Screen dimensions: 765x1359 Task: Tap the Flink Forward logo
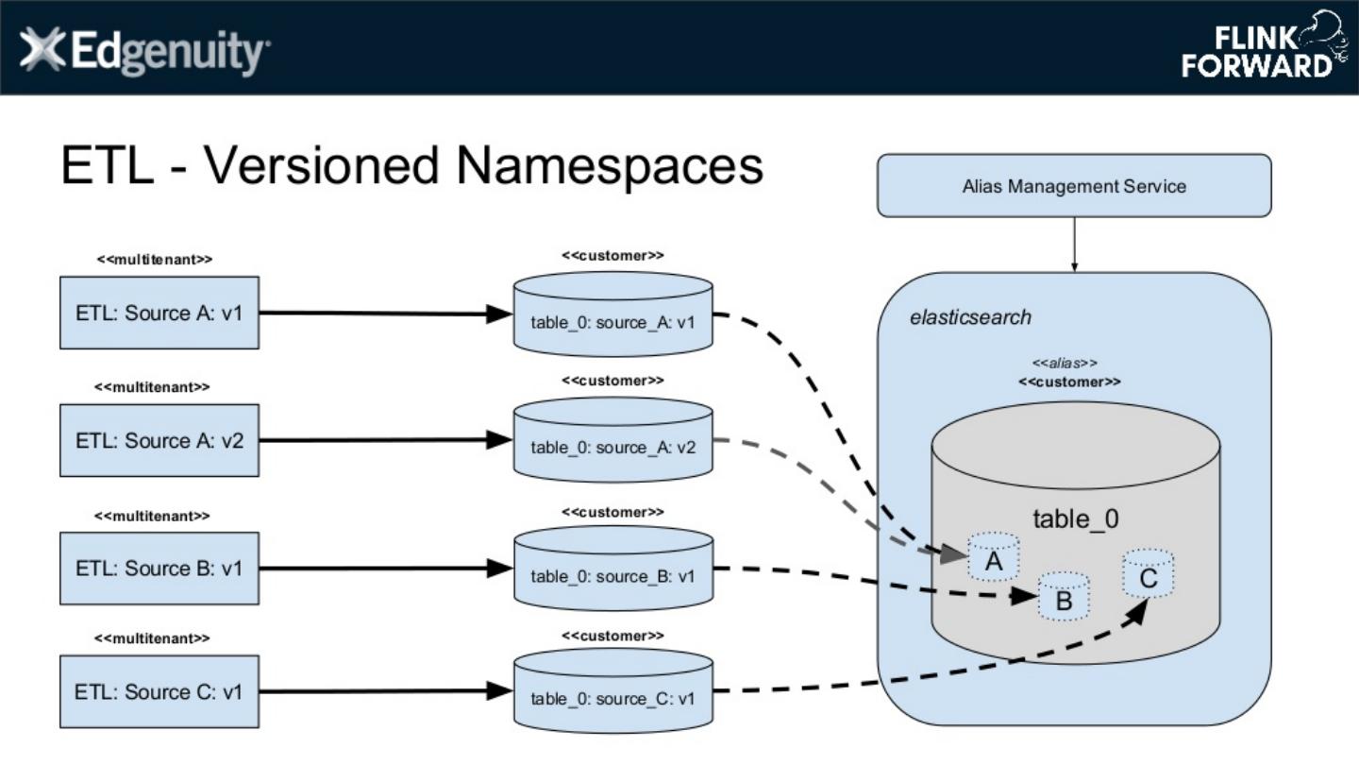click(1264, 46)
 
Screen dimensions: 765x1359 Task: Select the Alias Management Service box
click(1074, 186)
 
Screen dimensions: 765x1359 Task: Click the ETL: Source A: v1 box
click(159, 313)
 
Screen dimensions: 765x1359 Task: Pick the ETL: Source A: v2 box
click(159, 440)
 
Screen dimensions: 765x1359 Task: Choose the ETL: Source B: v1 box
click(159, 569)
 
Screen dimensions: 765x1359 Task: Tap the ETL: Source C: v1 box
click(159, 692)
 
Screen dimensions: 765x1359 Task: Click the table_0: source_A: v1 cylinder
click(612, 315)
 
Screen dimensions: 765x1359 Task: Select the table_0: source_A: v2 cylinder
click(612, 442)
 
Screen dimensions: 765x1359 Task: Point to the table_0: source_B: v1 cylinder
click(612, 570)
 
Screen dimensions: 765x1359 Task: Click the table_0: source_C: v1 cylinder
click(612, 694)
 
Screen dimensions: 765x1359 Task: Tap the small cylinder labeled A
click(993, 558)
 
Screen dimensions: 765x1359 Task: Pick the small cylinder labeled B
click(1064, 597)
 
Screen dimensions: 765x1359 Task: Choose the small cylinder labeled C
click(1148, 574)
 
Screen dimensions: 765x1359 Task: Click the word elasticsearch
click(970, 317)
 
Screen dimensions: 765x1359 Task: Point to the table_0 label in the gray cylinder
click(1076, 518)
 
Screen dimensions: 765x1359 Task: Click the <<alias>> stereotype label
click(1065, 364)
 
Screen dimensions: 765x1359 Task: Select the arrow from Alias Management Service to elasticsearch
click(1074, 245)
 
